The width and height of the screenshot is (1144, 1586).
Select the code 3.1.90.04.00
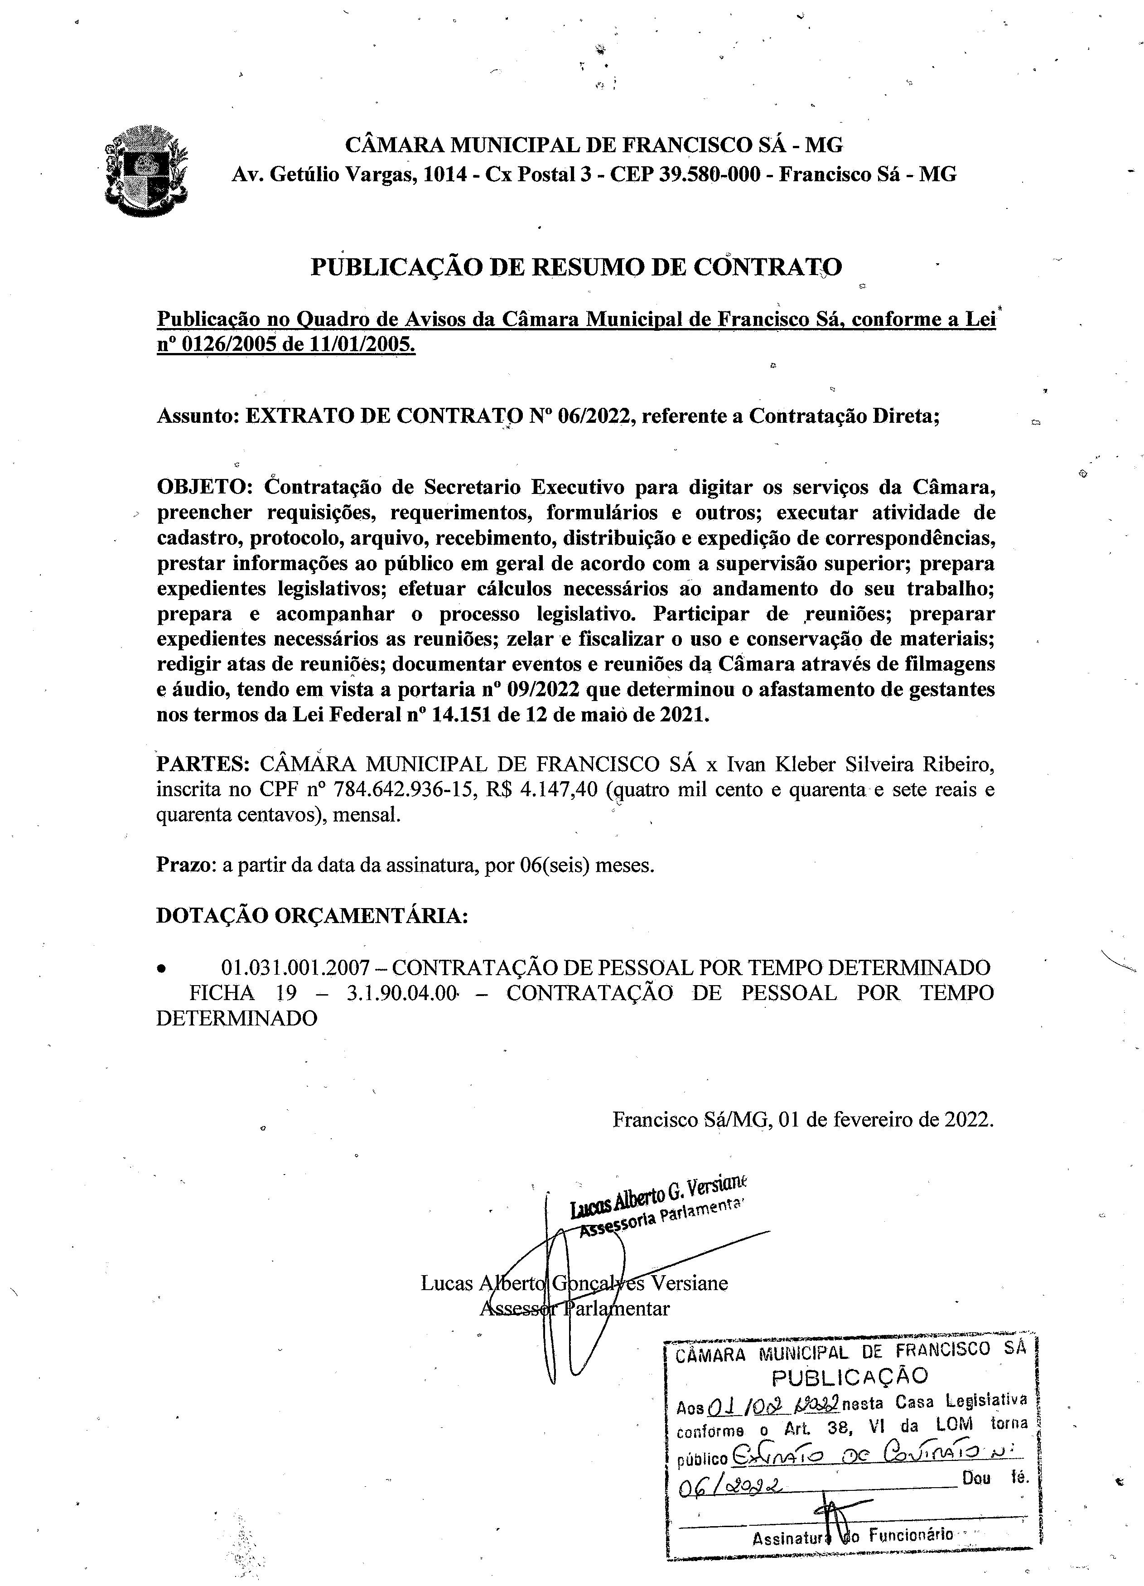coord(401,993)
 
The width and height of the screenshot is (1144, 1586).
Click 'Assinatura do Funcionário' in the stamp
coord(852,1535)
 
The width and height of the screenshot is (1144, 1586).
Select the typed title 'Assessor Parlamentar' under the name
coord(574,1308)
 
